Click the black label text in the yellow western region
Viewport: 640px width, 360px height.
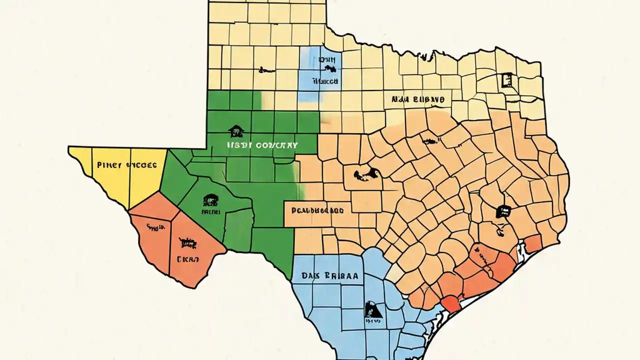(127, 164)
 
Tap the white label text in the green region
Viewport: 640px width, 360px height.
(262, 145)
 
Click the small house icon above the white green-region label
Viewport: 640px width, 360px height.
(236, 131)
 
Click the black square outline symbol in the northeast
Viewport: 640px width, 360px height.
(506, 79)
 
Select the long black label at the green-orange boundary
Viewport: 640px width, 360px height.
(317, 210)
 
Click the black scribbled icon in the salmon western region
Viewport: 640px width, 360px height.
(187, 243)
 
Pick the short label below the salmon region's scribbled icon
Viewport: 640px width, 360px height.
(187, 259)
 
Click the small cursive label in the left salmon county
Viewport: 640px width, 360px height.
(155, 227)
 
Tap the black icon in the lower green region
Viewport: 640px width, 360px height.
(210, 201)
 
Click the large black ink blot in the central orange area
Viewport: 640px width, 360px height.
(367, 174)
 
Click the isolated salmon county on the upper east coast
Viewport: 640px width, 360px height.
(533, 243)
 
